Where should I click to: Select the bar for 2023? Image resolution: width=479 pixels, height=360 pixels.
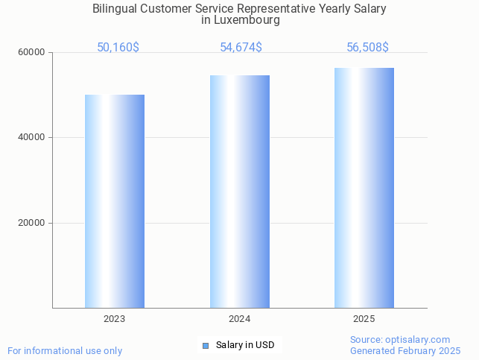click(115, 201)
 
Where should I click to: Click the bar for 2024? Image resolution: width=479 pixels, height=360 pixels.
click(240, 192)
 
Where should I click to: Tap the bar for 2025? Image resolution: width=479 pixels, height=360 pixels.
click(364, 188)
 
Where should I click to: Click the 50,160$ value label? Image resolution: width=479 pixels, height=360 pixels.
click(118, 48)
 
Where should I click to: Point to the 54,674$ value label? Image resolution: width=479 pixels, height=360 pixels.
click(241, 48)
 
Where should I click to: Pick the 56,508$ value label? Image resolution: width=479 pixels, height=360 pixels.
click(367, 48)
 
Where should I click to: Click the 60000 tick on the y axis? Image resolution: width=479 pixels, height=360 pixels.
click(33, 52)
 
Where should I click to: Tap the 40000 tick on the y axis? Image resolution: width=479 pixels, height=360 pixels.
click(33, 137)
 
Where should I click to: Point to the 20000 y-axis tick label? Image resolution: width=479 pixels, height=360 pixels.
click(33, 223)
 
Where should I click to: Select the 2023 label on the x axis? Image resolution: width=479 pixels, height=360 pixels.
click(115, 319)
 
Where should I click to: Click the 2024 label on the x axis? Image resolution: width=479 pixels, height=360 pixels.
click(240, 319)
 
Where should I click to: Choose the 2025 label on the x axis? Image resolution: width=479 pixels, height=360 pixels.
click(364, 319)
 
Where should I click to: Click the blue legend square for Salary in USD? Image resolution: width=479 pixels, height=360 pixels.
click(206, 345)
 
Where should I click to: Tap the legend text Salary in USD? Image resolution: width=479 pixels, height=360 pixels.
click(245, 345)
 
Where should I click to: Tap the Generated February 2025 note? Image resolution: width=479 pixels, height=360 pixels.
click(405, 350)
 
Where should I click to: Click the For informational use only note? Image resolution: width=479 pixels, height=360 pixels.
click(65, 350)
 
